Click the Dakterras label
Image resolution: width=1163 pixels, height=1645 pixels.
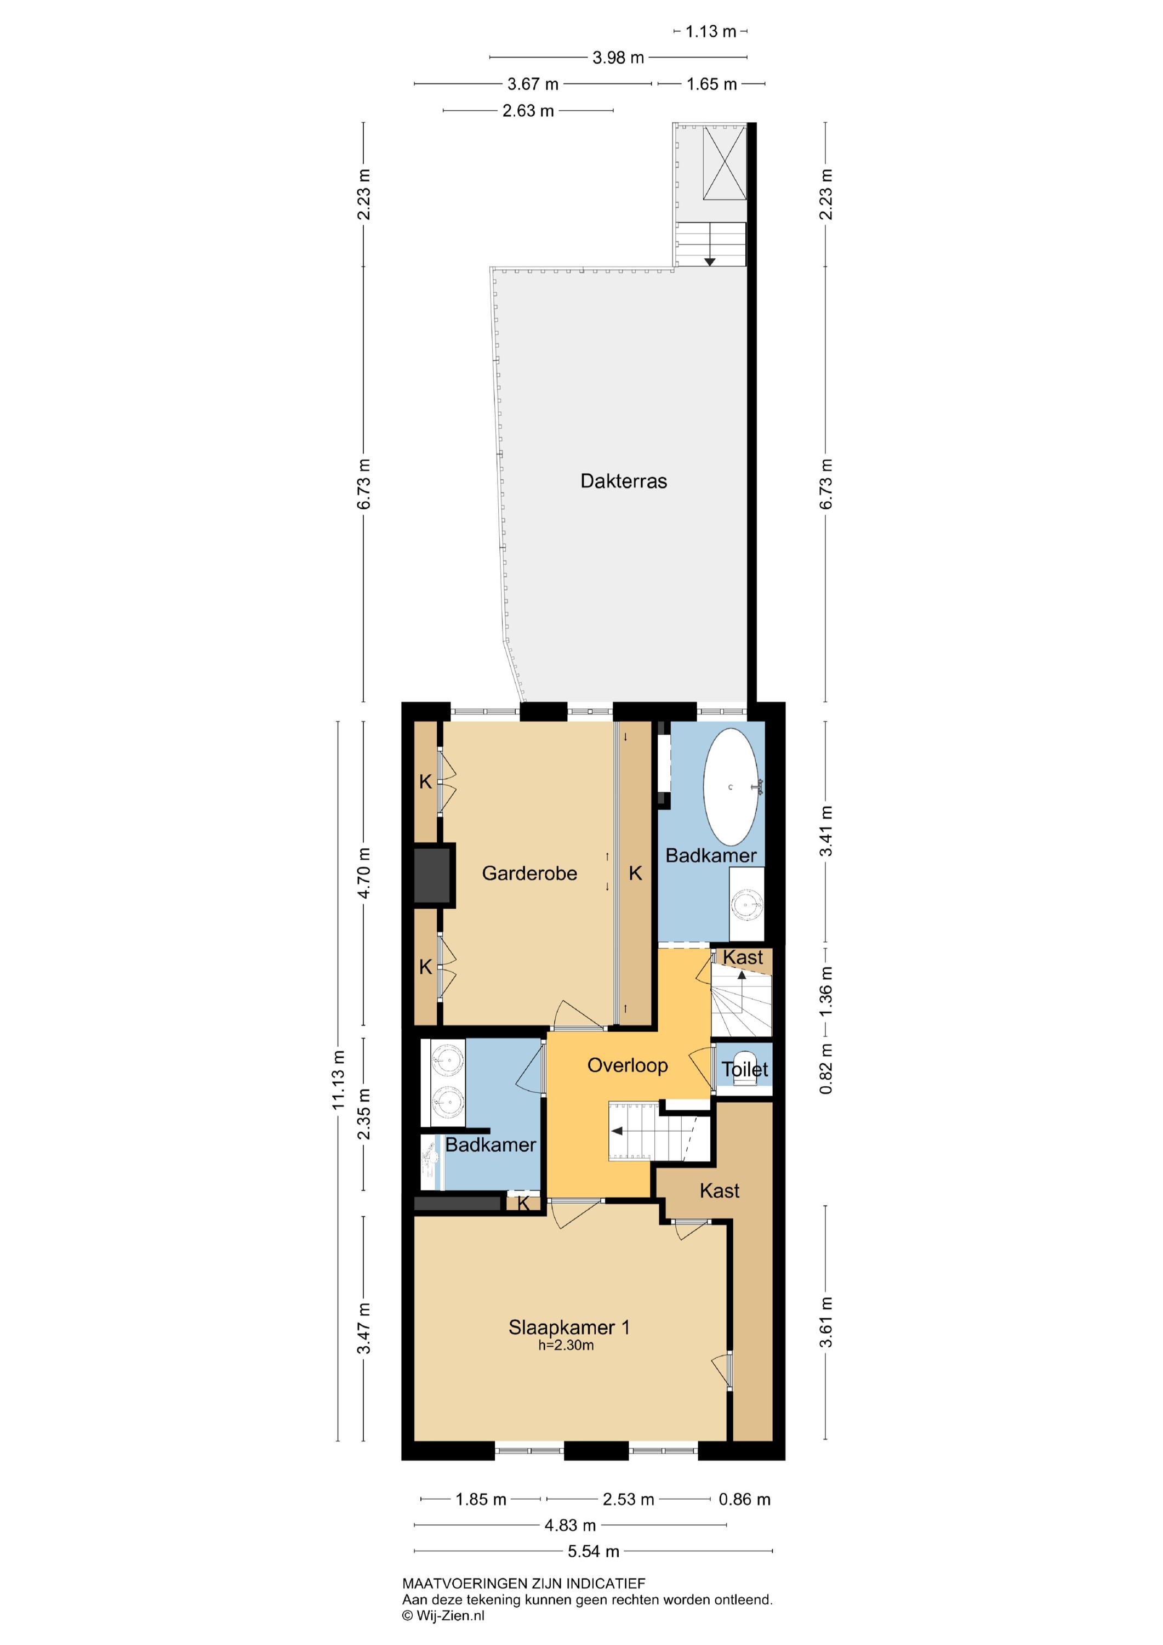(623, 481)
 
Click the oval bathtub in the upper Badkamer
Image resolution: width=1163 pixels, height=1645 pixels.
(731, 787)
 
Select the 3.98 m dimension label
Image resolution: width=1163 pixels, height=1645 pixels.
(618, 58)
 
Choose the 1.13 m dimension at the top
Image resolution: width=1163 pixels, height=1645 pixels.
(710, 31)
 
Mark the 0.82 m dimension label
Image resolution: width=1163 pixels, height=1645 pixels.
(826, 1069)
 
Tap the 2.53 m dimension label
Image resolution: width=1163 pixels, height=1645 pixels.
(628, 1499)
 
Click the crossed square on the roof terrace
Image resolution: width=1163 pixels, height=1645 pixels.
(725, 163)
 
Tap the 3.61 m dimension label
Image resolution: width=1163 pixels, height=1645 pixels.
(826, 1322)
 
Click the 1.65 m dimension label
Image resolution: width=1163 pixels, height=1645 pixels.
(711, 84)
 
